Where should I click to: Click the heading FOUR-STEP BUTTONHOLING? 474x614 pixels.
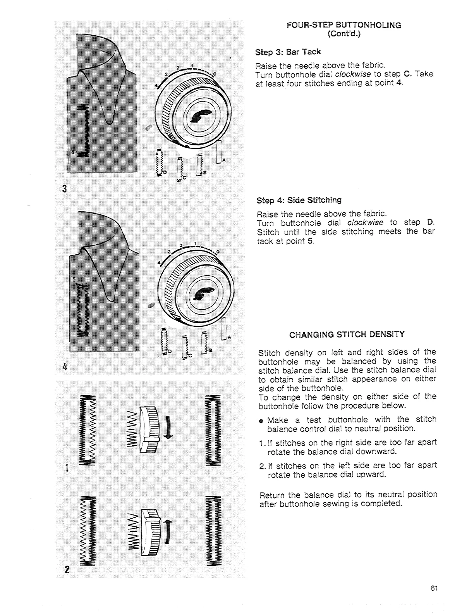click(344, 25)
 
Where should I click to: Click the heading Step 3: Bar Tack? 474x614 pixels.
click(288, 52)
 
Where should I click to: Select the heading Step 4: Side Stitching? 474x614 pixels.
click(299, 200)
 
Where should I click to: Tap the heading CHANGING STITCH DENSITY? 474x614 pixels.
click(347, 334)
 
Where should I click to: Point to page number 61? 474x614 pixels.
click(434, 588)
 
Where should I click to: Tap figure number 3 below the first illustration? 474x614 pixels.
click(64, 189)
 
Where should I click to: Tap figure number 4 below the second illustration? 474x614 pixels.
click(64, 366)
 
